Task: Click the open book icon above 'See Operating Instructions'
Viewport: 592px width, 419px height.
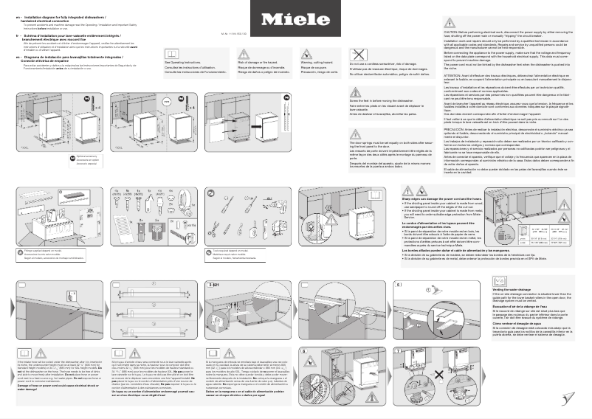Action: click(x=174, y=54)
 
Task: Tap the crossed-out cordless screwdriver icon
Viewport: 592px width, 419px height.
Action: click(x=359, y=54)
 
